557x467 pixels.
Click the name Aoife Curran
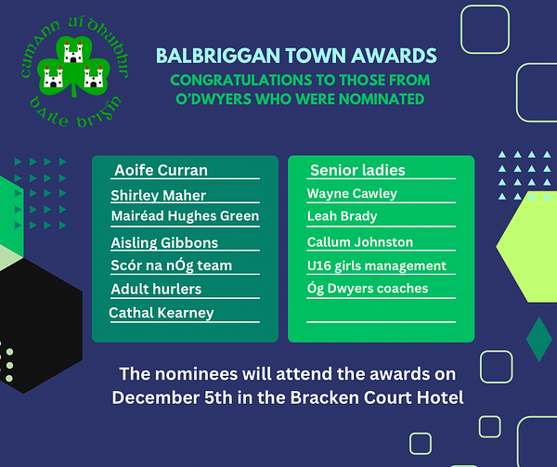(161, 170)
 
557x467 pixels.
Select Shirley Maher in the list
(159, 195)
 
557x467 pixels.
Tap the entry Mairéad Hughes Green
(185, 216)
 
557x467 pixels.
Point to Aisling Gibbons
(164, 243)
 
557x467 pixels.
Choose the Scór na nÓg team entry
(171, 266)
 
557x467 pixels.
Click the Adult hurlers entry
(156, 289)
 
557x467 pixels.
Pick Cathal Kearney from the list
(162, 313)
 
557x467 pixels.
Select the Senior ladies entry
(357, 170)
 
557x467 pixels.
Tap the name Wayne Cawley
(352, 193)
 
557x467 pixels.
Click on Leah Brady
(342, 216)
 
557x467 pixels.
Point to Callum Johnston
(360, 242)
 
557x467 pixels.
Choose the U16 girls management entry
(377, 266)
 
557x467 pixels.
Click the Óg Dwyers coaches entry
(368, 289)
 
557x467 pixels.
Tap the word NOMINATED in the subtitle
(382, 99)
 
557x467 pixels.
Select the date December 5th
(173, 397)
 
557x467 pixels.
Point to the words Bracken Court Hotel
(377, 397)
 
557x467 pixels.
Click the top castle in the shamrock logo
(73, 52)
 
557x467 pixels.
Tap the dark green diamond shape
(539, 339)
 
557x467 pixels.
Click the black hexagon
(39, 325)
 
